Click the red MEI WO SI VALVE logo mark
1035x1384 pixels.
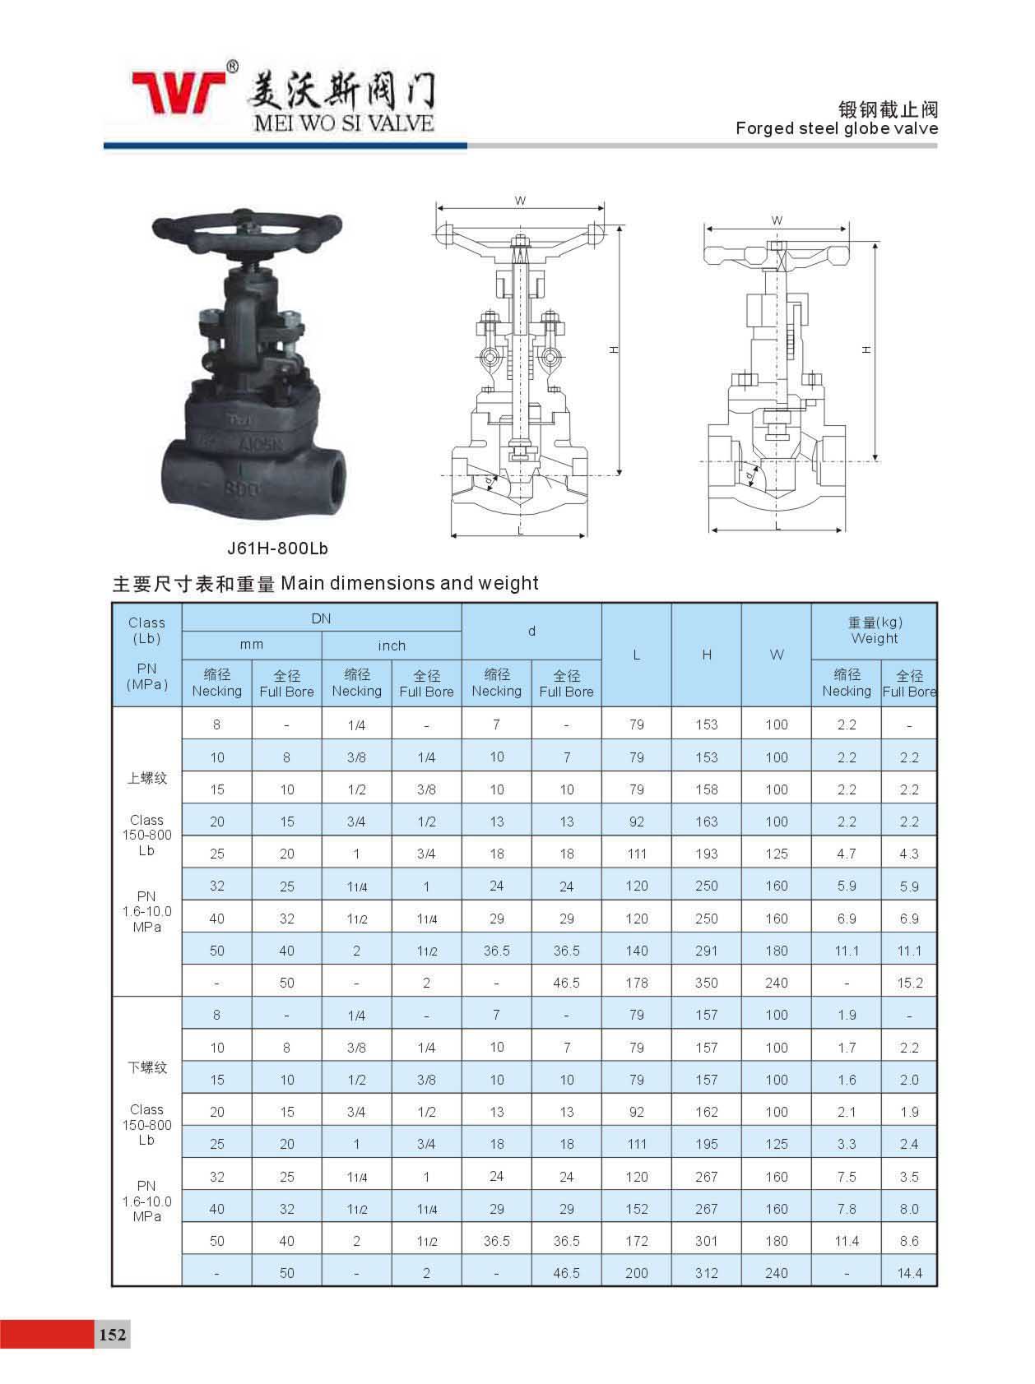tap(179, 92)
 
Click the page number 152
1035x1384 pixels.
tap(113, 1334)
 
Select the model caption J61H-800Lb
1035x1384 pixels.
tap(277, 548)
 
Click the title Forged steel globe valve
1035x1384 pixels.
tap(837, 128)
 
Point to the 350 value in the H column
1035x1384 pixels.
tap(706, 983)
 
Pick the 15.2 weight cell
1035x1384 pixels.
tap(909, 983)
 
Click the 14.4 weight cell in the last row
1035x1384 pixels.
tap(909, 1273)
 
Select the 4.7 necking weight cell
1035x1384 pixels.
tap(847, 854)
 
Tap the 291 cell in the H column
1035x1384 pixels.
tap(706, 951)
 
